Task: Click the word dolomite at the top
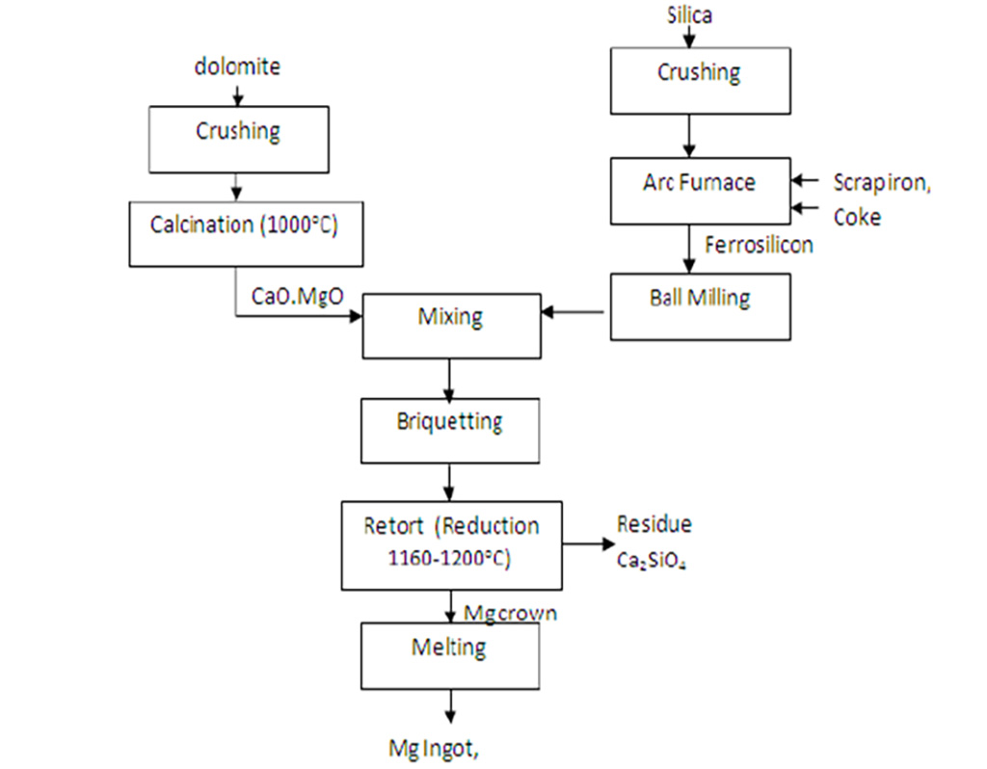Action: [x=237, y=67]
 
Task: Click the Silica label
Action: [x=690, y=15]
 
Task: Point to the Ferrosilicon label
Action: [x=759, y=246]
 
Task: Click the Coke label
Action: [x=857, y=217]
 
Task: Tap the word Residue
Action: [x=654, y=525]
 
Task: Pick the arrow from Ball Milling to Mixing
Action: [x=576, y=311]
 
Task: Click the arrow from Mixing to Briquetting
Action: [x=448, y=379]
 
